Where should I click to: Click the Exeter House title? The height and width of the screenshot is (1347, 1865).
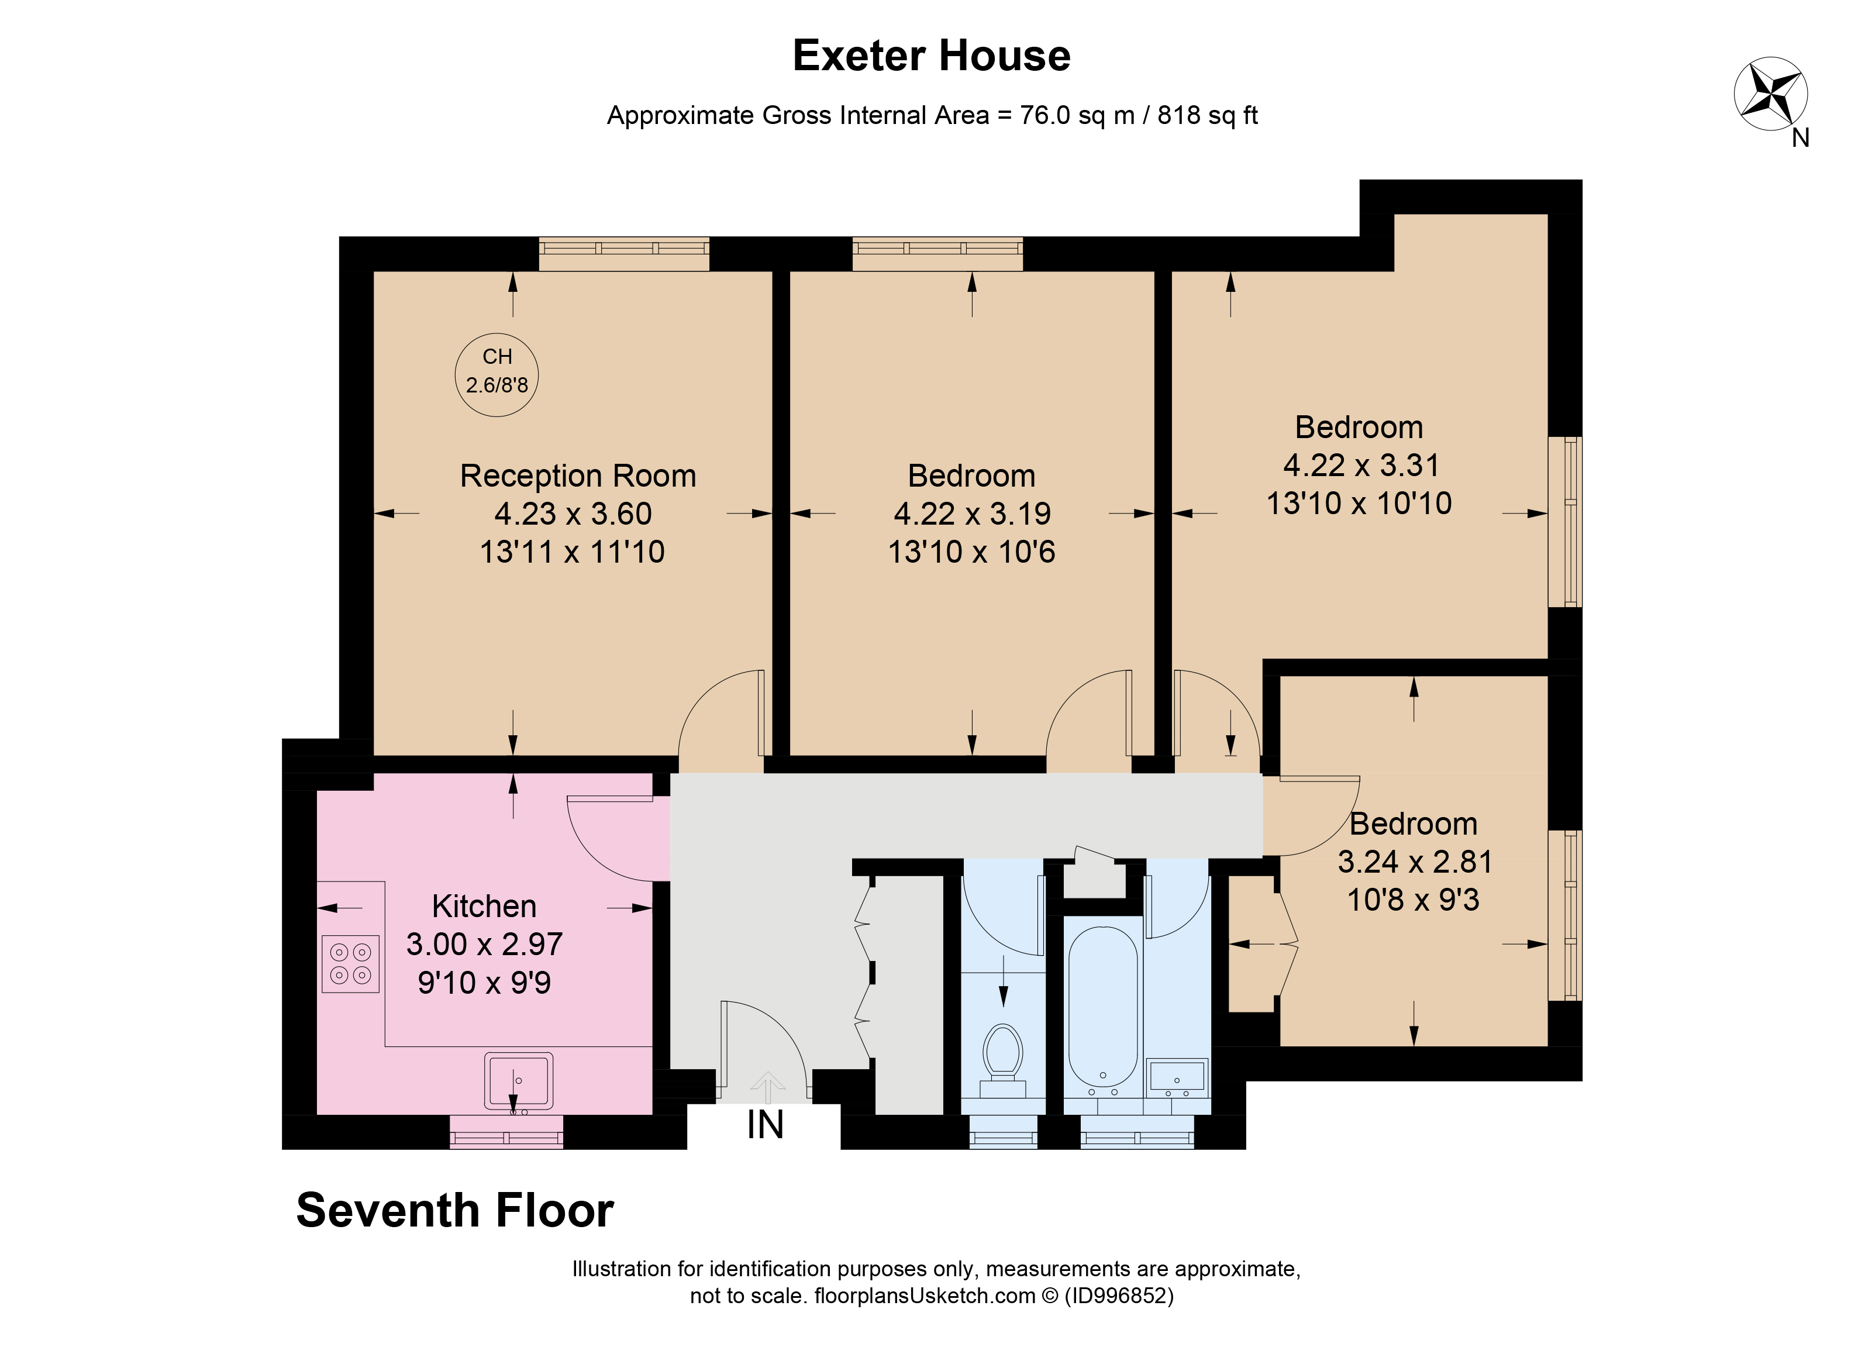tap(931, 56)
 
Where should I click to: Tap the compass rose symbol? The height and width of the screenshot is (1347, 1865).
tap(1770, 94)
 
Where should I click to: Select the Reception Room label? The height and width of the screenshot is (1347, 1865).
tap(577, 476)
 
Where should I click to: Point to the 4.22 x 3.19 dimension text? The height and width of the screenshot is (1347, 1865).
tap(972, 514)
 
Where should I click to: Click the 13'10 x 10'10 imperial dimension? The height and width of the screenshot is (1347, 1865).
tap(1359, 503)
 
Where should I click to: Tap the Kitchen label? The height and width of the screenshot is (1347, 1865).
tap(484, 906)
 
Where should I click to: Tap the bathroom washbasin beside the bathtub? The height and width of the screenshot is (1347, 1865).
tap(1177, 1076)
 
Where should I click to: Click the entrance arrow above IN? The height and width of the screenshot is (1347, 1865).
tap(767, 1087)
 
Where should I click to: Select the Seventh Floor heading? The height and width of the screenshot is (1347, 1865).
tap(455, 1211)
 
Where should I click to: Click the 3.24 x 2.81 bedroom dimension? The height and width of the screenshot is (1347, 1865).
tap(1414, 862)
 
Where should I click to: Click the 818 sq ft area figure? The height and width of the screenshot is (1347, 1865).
tap(1207, 115)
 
